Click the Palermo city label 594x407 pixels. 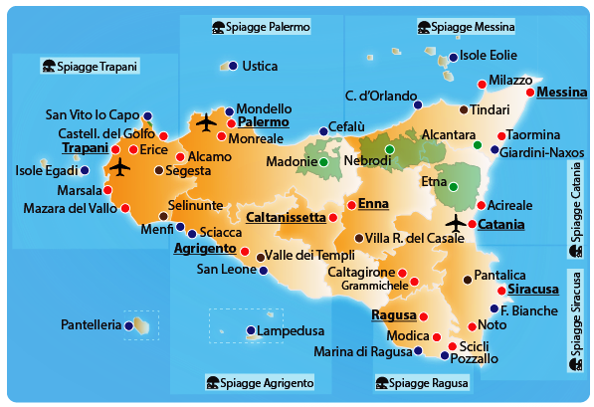point(264,122)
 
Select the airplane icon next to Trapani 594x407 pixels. point(121,167)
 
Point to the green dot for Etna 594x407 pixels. point(454,186)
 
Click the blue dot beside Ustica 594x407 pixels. point(232,66)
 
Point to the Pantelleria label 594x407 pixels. point(91,324)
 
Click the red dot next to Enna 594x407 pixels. point(349,205)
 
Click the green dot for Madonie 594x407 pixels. point(324,161)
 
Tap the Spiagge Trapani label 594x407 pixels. point(96,67)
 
